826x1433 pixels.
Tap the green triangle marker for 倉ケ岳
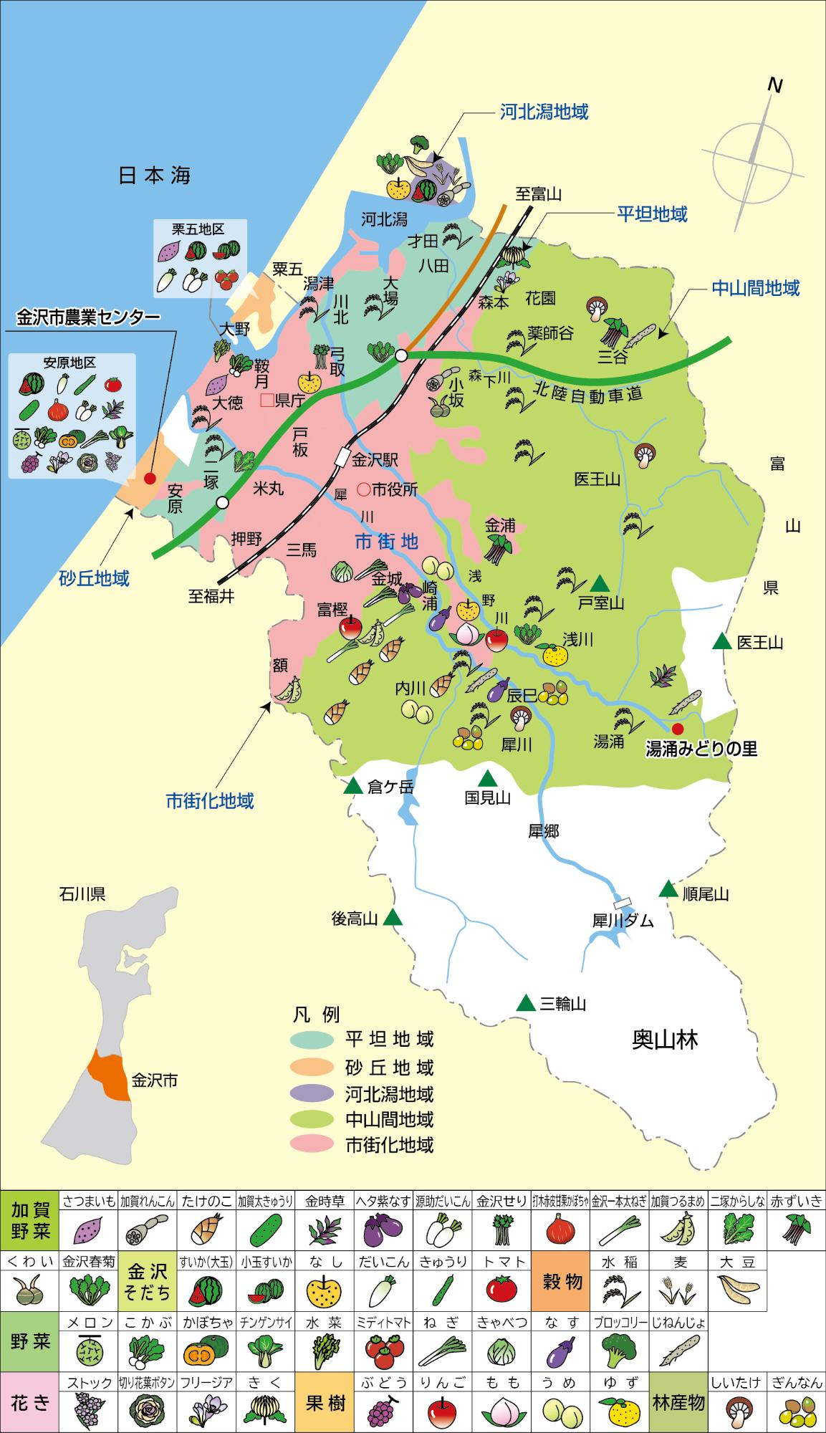pyautogui.click(x=352, y=786)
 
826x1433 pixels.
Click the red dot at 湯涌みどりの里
pyautogui.click(x=678, y=728)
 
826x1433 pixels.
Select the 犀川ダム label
pyautogui.click(x=623, y=921)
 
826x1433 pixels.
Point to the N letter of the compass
pyautogui.click(x=774, y=85)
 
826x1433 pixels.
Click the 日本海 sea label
pyautogui.click(x=154, y=176)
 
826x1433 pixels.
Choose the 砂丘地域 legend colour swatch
pyautogui.click(x=312, y=1067)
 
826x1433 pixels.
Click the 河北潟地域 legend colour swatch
pyautogui.click(x=312, y=1093)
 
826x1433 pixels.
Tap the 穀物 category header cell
pyautogui.click(x=562, y=1281)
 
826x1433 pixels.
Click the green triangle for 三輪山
pyautogui.click(x=527, y=1002)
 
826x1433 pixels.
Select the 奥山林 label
pyautogui.click(x=665, y=1039)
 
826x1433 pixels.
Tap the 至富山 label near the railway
pyautogui.click(x=539, y=193)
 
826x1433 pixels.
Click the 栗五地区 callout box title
pyautogui.click(x=198, y=229)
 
